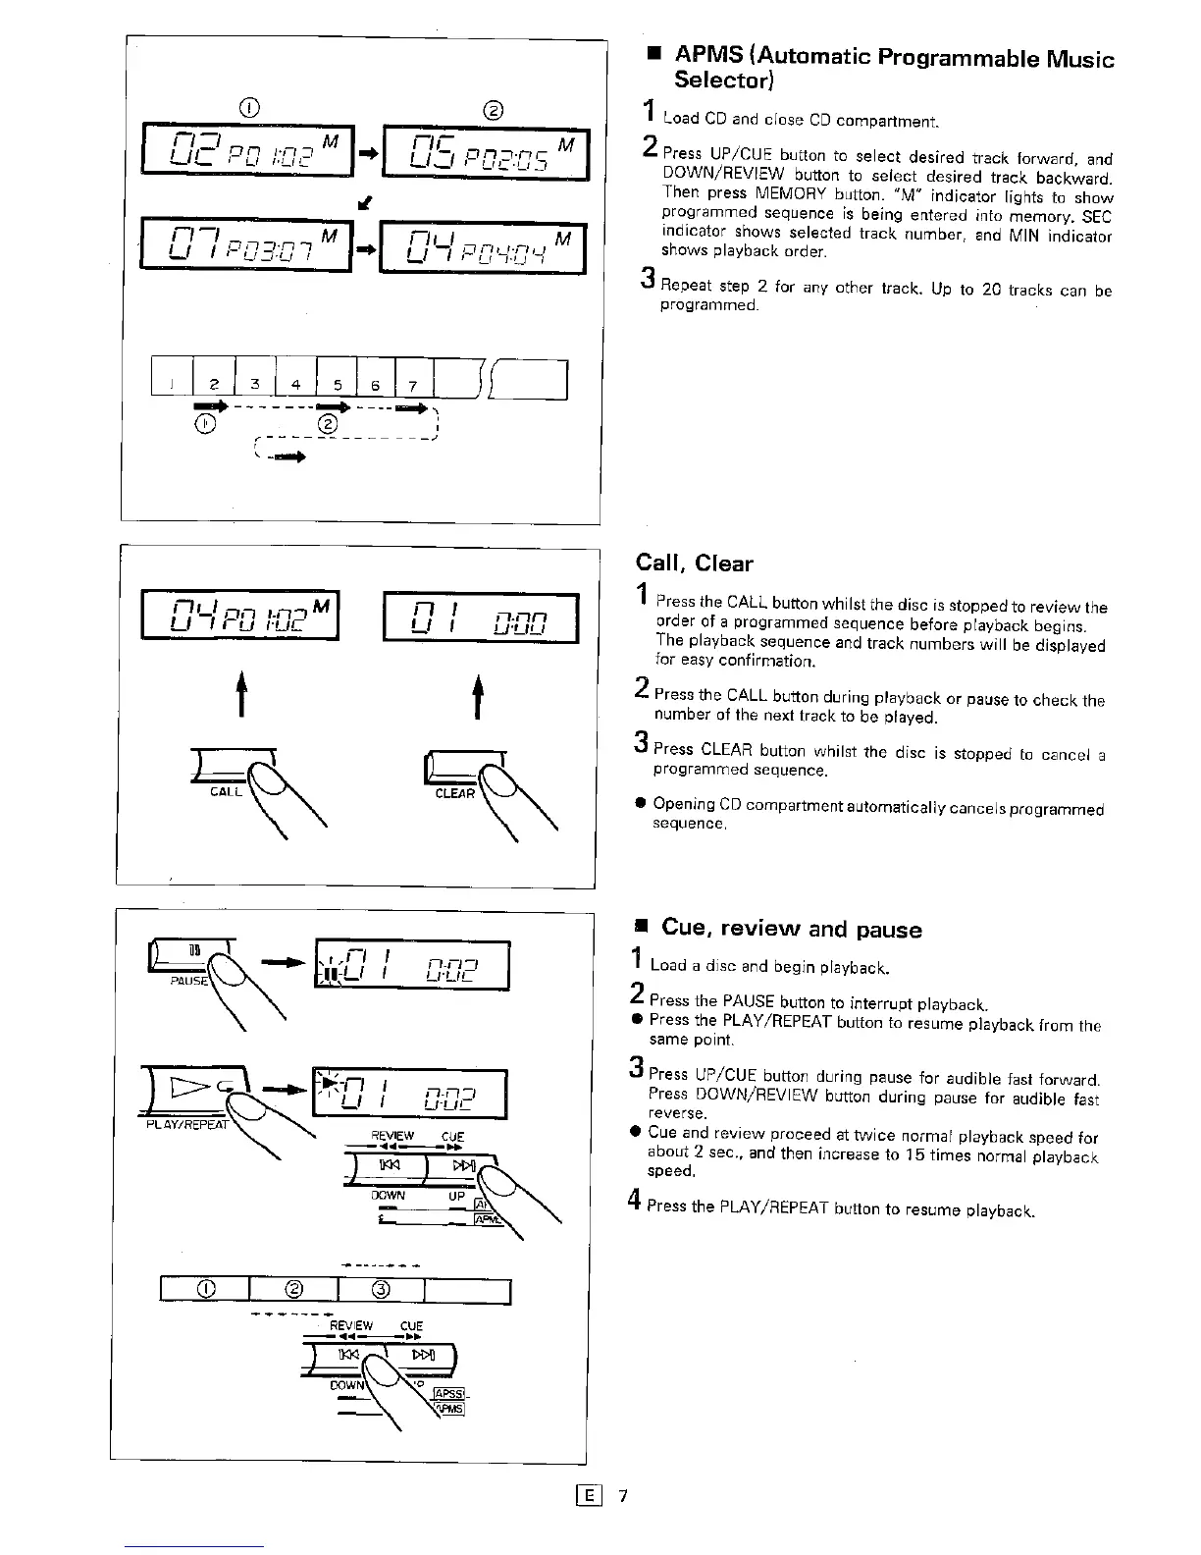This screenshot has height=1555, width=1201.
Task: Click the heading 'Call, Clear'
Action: click(x=694, y=563)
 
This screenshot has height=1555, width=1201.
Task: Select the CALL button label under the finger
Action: click(x=226, y=792)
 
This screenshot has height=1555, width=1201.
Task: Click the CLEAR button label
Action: click(x=454, y=793)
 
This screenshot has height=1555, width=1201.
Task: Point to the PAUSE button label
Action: click(x=187, y=981)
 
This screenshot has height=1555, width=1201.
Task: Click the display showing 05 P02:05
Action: click(x=485, y=154)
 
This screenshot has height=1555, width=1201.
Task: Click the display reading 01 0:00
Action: click(x=480, y=618)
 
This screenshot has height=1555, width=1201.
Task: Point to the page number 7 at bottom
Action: click(x=622, y=1496)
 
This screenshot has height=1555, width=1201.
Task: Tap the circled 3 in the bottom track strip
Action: click(x=382, y=1290)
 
